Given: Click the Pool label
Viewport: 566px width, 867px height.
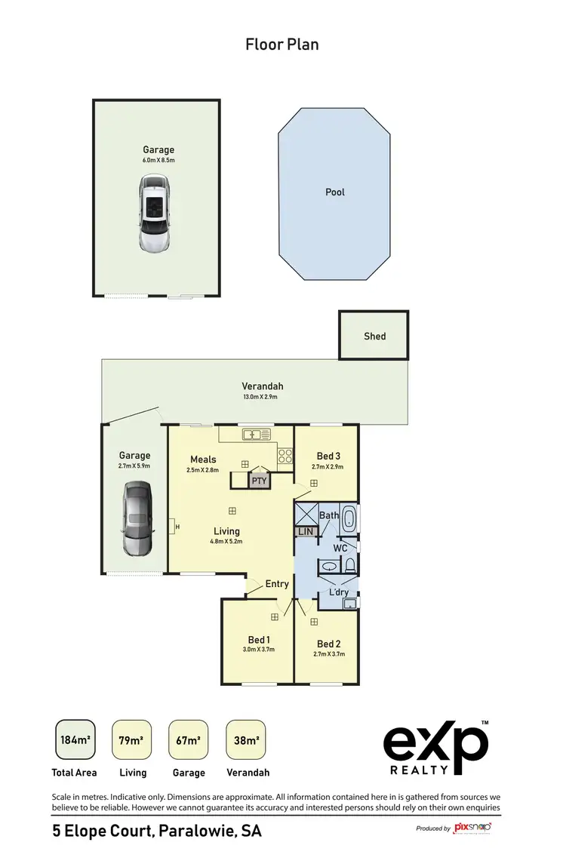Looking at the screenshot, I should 334,192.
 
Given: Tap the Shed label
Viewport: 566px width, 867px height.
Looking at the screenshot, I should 374,336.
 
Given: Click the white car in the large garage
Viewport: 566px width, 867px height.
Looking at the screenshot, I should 156,214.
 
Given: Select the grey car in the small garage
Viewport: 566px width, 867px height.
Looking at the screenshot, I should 136,520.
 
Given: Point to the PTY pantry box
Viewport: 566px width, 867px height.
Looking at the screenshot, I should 259,481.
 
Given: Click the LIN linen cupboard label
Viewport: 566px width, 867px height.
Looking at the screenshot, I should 306,531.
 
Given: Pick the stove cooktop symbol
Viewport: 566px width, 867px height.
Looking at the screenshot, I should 285,456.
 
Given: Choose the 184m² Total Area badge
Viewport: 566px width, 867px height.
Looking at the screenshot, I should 75,739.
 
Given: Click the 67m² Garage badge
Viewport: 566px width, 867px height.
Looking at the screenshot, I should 188,739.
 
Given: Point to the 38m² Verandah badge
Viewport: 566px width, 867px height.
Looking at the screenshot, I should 246,739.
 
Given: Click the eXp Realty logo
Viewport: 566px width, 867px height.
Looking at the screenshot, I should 435,748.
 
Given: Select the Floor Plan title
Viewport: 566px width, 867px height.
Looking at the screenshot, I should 282,45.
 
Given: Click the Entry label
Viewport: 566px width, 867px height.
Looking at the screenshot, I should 277,584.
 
